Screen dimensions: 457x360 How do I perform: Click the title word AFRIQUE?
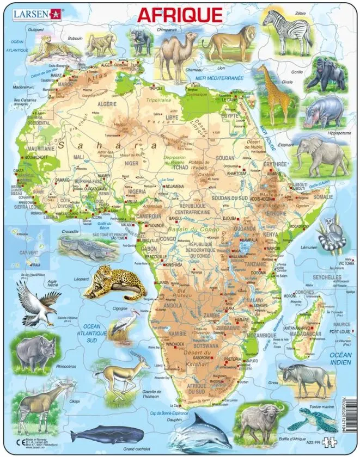(179, 15)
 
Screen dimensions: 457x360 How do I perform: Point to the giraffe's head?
(263, 69)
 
